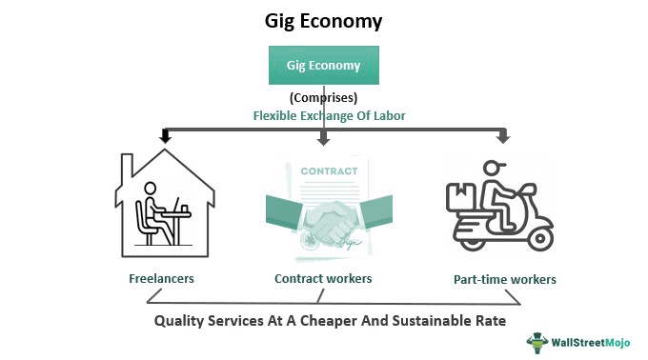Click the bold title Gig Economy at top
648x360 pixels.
click(324, 19)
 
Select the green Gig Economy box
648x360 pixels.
click(324, 65)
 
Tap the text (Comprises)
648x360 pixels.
click(323, 97)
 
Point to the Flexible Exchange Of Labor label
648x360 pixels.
click(324, 114)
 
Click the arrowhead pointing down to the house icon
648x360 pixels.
click(165, 137)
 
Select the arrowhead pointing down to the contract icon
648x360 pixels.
click(324, 138)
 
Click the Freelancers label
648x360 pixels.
click(161, 280)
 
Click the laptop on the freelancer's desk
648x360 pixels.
click(180, 204)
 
